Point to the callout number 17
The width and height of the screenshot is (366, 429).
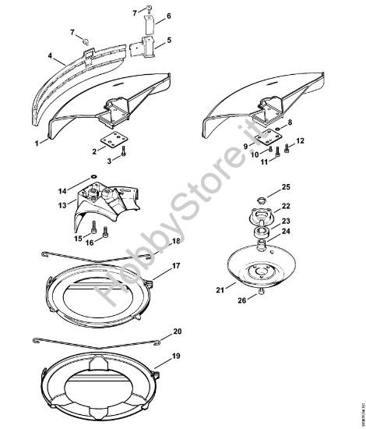[177, 266]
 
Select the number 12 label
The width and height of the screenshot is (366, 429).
[300, 140]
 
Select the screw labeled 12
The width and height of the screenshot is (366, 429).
[286, 147]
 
